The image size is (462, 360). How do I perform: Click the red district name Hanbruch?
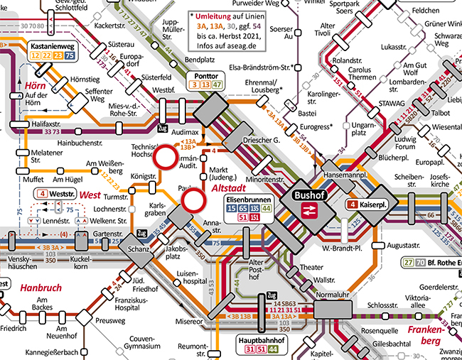(x=41, y=289)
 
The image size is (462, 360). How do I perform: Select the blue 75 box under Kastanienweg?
(x=69, y=55)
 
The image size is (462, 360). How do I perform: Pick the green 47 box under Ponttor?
(x=218, y=85)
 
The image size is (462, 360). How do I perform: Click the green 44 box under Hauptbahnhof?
(x=274, y=350)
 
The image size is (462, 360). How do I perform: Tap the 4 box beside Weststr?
(x=43, y=193)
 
